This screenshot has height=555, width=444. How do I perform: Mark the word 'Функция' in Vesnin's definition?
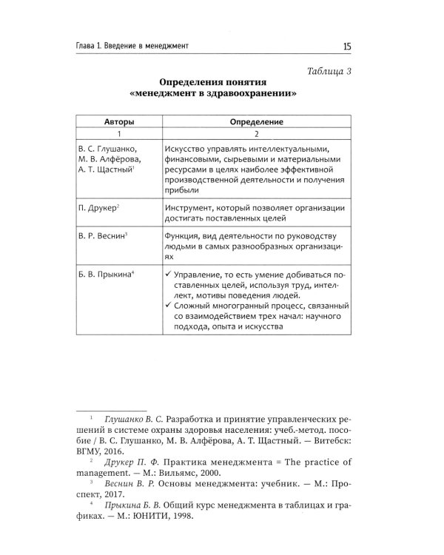coord(184,236)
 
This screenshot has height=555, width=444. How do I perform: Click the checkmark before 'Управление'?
coord(169,275)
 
